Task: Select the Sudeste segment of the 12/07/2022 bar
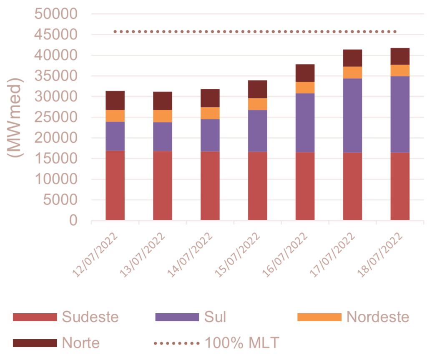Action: click(x=115, y=185)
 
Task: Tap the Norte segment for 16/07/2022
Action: click(x=305, y=73)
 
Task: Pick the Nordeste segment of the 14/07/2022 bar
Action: click(x=210, y=113)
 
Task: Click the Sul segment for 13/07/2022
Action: click(x=163, y=136)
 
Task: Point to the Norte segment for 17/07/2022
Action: click(x=352, y=58)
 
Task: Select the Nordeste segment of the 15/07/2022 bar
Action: click(x=257, y=104)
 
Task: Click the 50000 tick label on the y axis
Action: click(x=56, y=14)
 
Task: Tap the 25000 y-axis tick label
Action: click(x=56, y=118)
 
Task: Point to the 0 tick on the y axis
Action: click(x=73, y=221)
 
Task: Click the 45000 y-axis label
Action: click(x=56, y=35)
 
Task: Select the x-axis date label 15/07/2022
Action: click(x=239, y=254)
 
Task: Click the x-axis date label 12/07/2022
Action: click(x=97, y=254)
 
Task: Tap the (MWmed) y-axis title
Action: click(x=16, y=117)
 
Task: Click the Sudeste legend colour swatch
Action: click(x=34, y=317)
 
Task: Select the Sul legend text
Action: click(x=215, y=317)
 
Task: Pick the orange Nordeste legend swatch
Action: click(x=319, y=317)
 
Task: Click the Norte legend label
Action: click(x=81, y=343)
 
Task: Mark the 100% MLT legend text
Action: click(x=241, y=343)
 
